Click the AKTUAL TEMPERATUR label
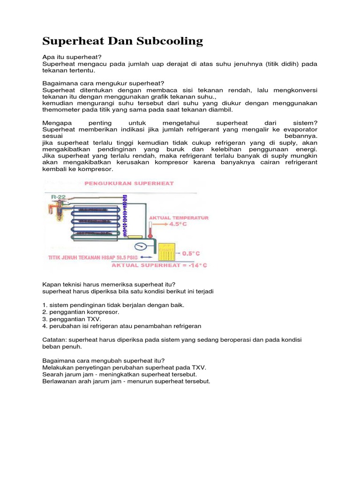pyautogui.click(x=179, y=217)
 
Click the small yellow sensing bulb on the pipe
pyautogui.click(x=135, y=236)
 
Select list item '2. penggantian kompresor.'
pyautogui.click(x=81, y=312)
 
